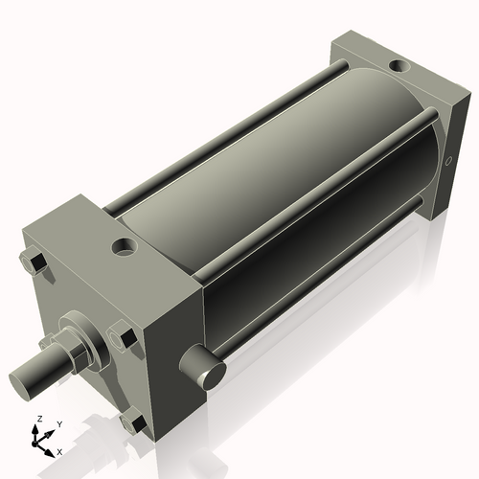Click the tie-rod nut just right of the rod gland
tap(124, 336)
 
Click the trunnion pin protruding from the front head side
tap(205, 369)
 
